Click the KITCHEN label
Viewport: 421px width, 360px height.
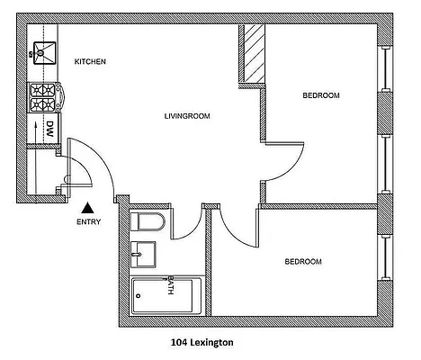point(90,62)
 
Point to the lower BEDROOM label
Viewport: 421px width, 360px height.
point(303,262)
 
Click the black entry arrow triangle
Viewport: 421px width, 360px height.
point(87,208)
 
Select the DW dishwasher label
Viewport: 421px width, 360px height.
point(50,129)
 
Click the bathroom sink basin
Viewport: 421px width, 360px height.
point(142,256)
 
